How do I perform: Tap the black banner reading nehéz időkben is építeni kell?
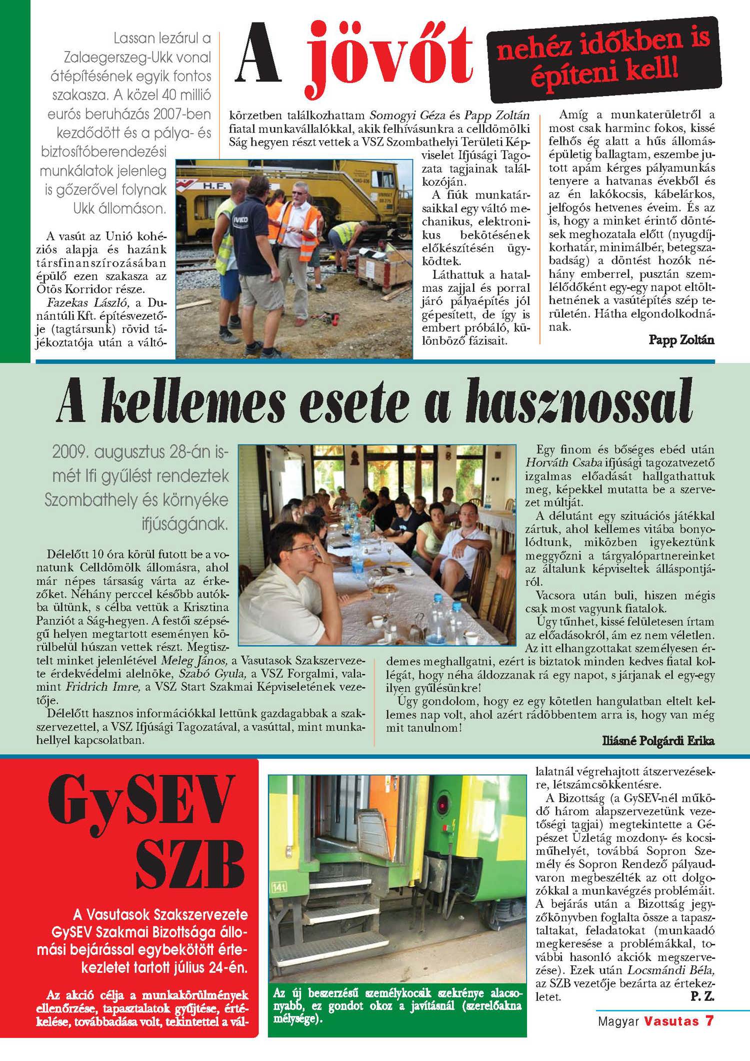[603, 59]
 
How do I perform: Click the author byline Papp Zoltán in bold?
[681, 340]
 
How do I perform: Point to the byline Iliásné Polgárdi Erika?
[658, 741]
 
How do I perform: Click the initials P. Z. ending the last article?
[702, 996]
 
